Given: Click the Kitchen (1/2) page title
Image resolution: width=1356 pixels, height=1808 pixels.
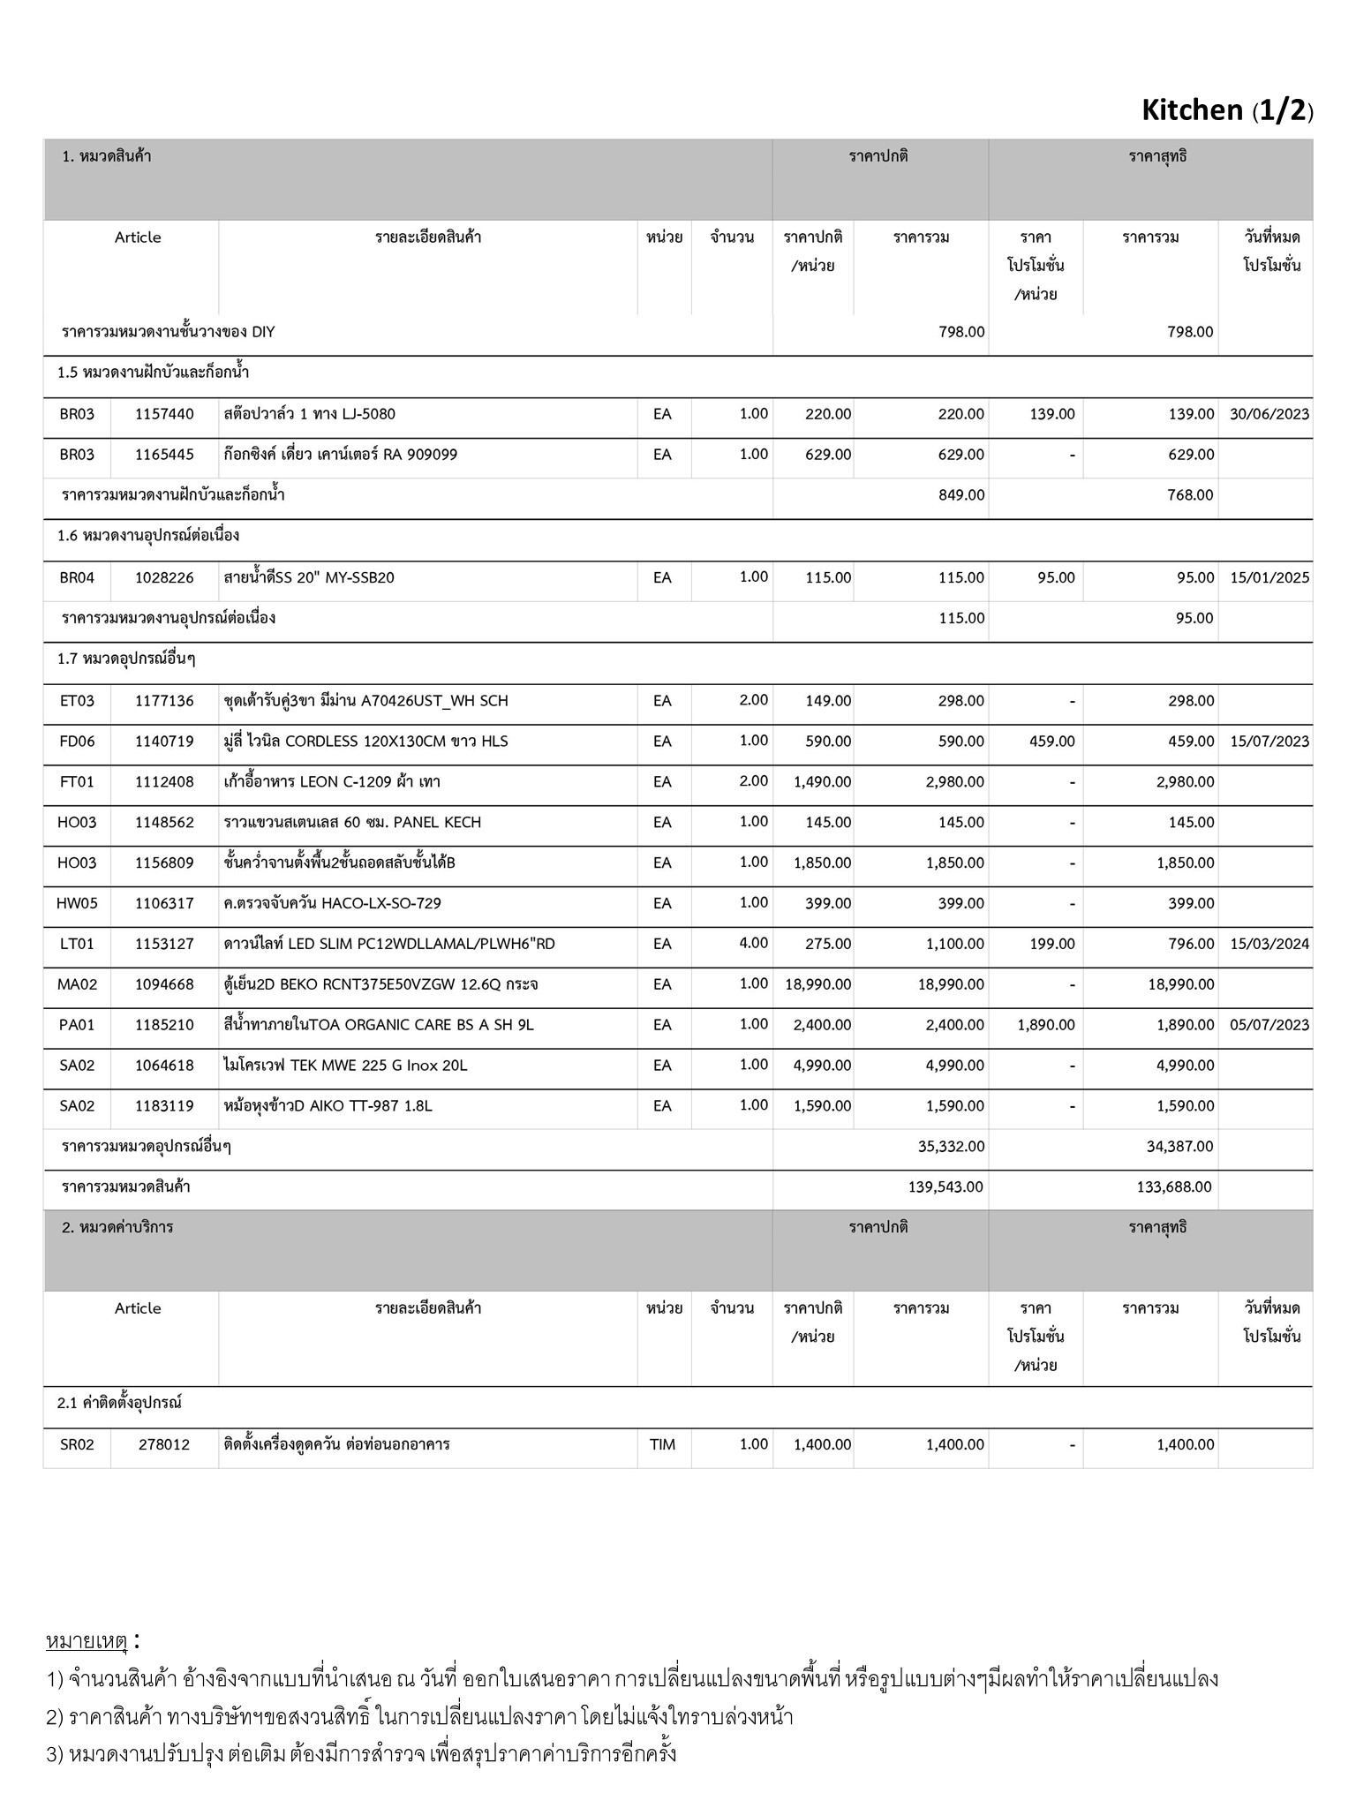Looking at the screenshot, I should (1226, 110).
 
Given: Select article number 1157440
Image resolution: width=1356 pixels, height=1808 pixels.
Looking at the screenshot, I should (164, 414).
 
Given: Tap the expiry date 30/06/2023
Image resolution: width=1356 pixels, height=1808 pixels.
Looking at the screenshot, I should (1269, 414).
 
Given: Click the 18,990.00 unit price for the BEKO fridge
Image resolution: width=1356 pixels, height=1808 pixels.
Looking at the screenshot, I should (817, 984).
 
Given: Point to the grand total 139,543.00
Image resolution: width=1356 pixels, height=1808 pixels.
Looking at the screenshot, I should (945, 1187).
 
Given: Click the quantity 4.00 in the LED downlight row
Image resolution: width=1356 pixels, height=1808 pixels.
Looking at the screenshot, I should (753, 943).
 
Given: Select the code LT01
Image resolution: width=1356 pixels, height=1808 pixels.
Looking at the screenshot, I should (77, 944).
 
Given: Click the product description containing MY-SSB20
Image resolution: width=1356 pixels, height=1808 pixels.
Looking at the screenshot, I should (309, 578).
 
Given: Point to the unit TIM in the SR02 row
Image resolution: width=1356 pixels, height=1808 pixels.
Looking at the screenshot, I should (662, 1445).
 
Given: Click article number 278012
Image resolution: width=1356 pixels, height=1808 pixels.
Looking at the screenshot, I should (164, 1445).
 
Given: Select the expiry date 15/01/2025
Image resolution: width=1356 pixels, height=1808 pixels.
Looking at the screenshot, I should (1269, 578).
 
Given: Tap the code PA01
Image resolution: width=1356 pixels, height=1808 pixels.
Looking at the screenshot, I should (77, 1025).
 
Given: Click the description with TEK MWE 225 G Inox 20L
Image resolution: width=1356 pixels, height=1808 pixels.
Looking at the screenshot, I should (345, 1066).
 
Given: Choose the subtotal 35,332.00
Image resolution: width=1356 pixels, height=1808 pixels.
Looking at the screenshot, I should (951, 1147).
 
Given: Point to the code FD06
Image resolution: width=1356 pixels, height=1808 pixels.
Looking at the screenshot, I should (77, 742).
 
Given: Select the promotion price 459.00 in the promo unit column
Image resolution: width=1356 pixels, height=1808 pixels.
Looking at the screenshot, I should (1051, 742).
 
